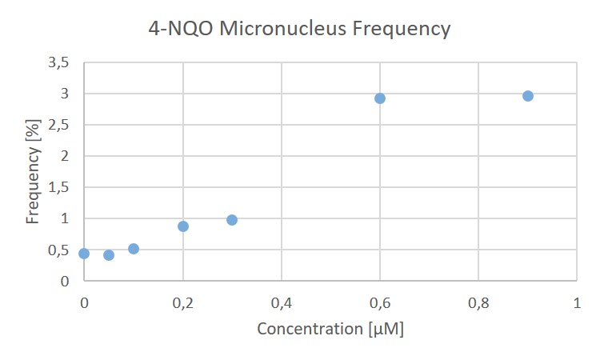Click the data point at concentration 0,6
[x=380, y=98]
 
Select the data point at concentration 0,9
[x=528, y=96]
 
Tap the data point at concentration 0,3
[x=232, y=220]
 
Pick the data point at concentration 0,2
[x=183, y=226]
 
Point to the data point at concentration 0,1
[x=134, y=249]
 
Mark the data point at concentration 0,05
[x=109, y=255]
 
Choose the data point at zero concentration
[x=84, y=254]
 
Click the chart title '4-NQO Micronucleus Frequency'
[x=299, y=30]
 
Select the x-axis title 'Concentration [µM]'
[x=330, y=329]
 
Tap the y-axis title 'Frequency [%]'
[x=33, y=174]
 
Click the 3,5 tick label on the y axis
[x=60, y=62]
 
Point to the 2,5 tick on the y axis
[x=60, y=125]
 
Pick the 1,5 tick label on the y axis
[x=60, y=187]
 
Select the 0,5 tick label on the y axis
[x=60, y=250]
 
